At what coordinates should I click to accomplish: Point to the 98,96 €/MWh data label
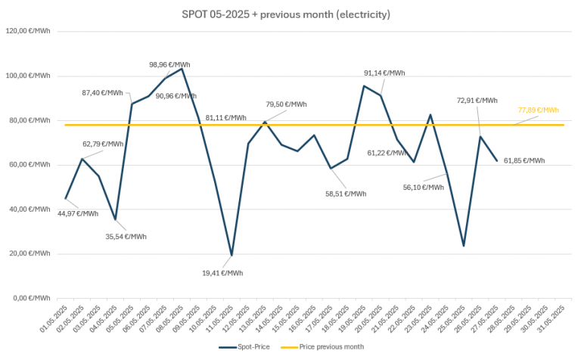170,65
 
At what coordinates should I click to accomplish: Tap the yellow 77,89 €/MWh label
538,110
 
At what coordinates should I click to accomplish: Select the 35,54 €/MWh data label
125,236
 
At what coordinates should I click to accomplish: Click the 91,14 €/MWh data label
384,73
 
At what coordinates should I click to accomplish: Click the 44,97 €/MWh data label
78,213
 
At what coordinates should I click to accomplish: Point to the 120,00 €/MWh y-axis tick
29,32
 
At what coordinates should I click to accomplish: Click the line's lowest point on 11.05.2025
231,255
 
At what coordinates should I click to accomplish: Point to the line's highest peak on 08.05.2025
182,69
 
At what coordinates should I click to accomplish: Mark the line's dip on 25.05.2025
464,246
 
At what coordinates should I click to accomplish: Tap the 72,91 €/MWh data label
477,100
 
